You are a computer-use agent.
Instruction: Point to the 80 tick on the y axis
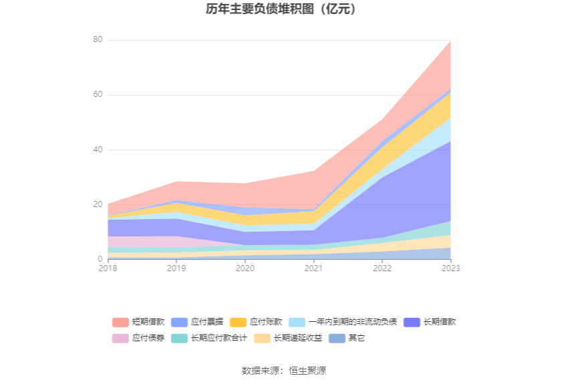pyautogui.click(x=98, y=40)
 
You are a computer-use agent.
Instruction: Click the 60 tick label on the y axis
pyautogui.click(x=98, y=95)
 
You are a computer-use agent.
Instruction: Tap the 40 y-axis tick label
pyautogui.click(x=98, y=150)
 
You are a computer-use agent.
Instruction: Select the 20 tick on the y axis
pyautogui.click(x=98, y=204)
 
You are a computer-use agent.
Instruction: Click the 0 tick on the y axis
pyautogui.click(x=100, y=259)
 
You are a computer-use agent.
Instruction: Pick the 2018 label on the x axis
pyautogui.click(x=108, y=268)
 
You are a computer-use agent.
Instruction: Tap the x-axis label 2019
pyautogui.click(x=176, y=268)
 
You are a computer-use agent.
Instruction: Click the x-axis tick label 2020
pyautogui.click(x=245, y=268)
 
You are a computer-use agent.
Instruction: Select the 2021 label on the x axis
pyautogui.click(x=313, y=268)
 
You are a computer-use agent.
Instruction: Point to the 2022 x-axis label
pyautogui.click(x=382, y=268)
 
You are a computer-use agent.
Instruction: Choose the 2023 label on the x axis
pyautogui.click(x=450, y=268)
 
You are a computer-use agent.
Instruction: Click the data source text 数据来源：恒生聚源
pyautogui.click(x=284, y=371)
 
